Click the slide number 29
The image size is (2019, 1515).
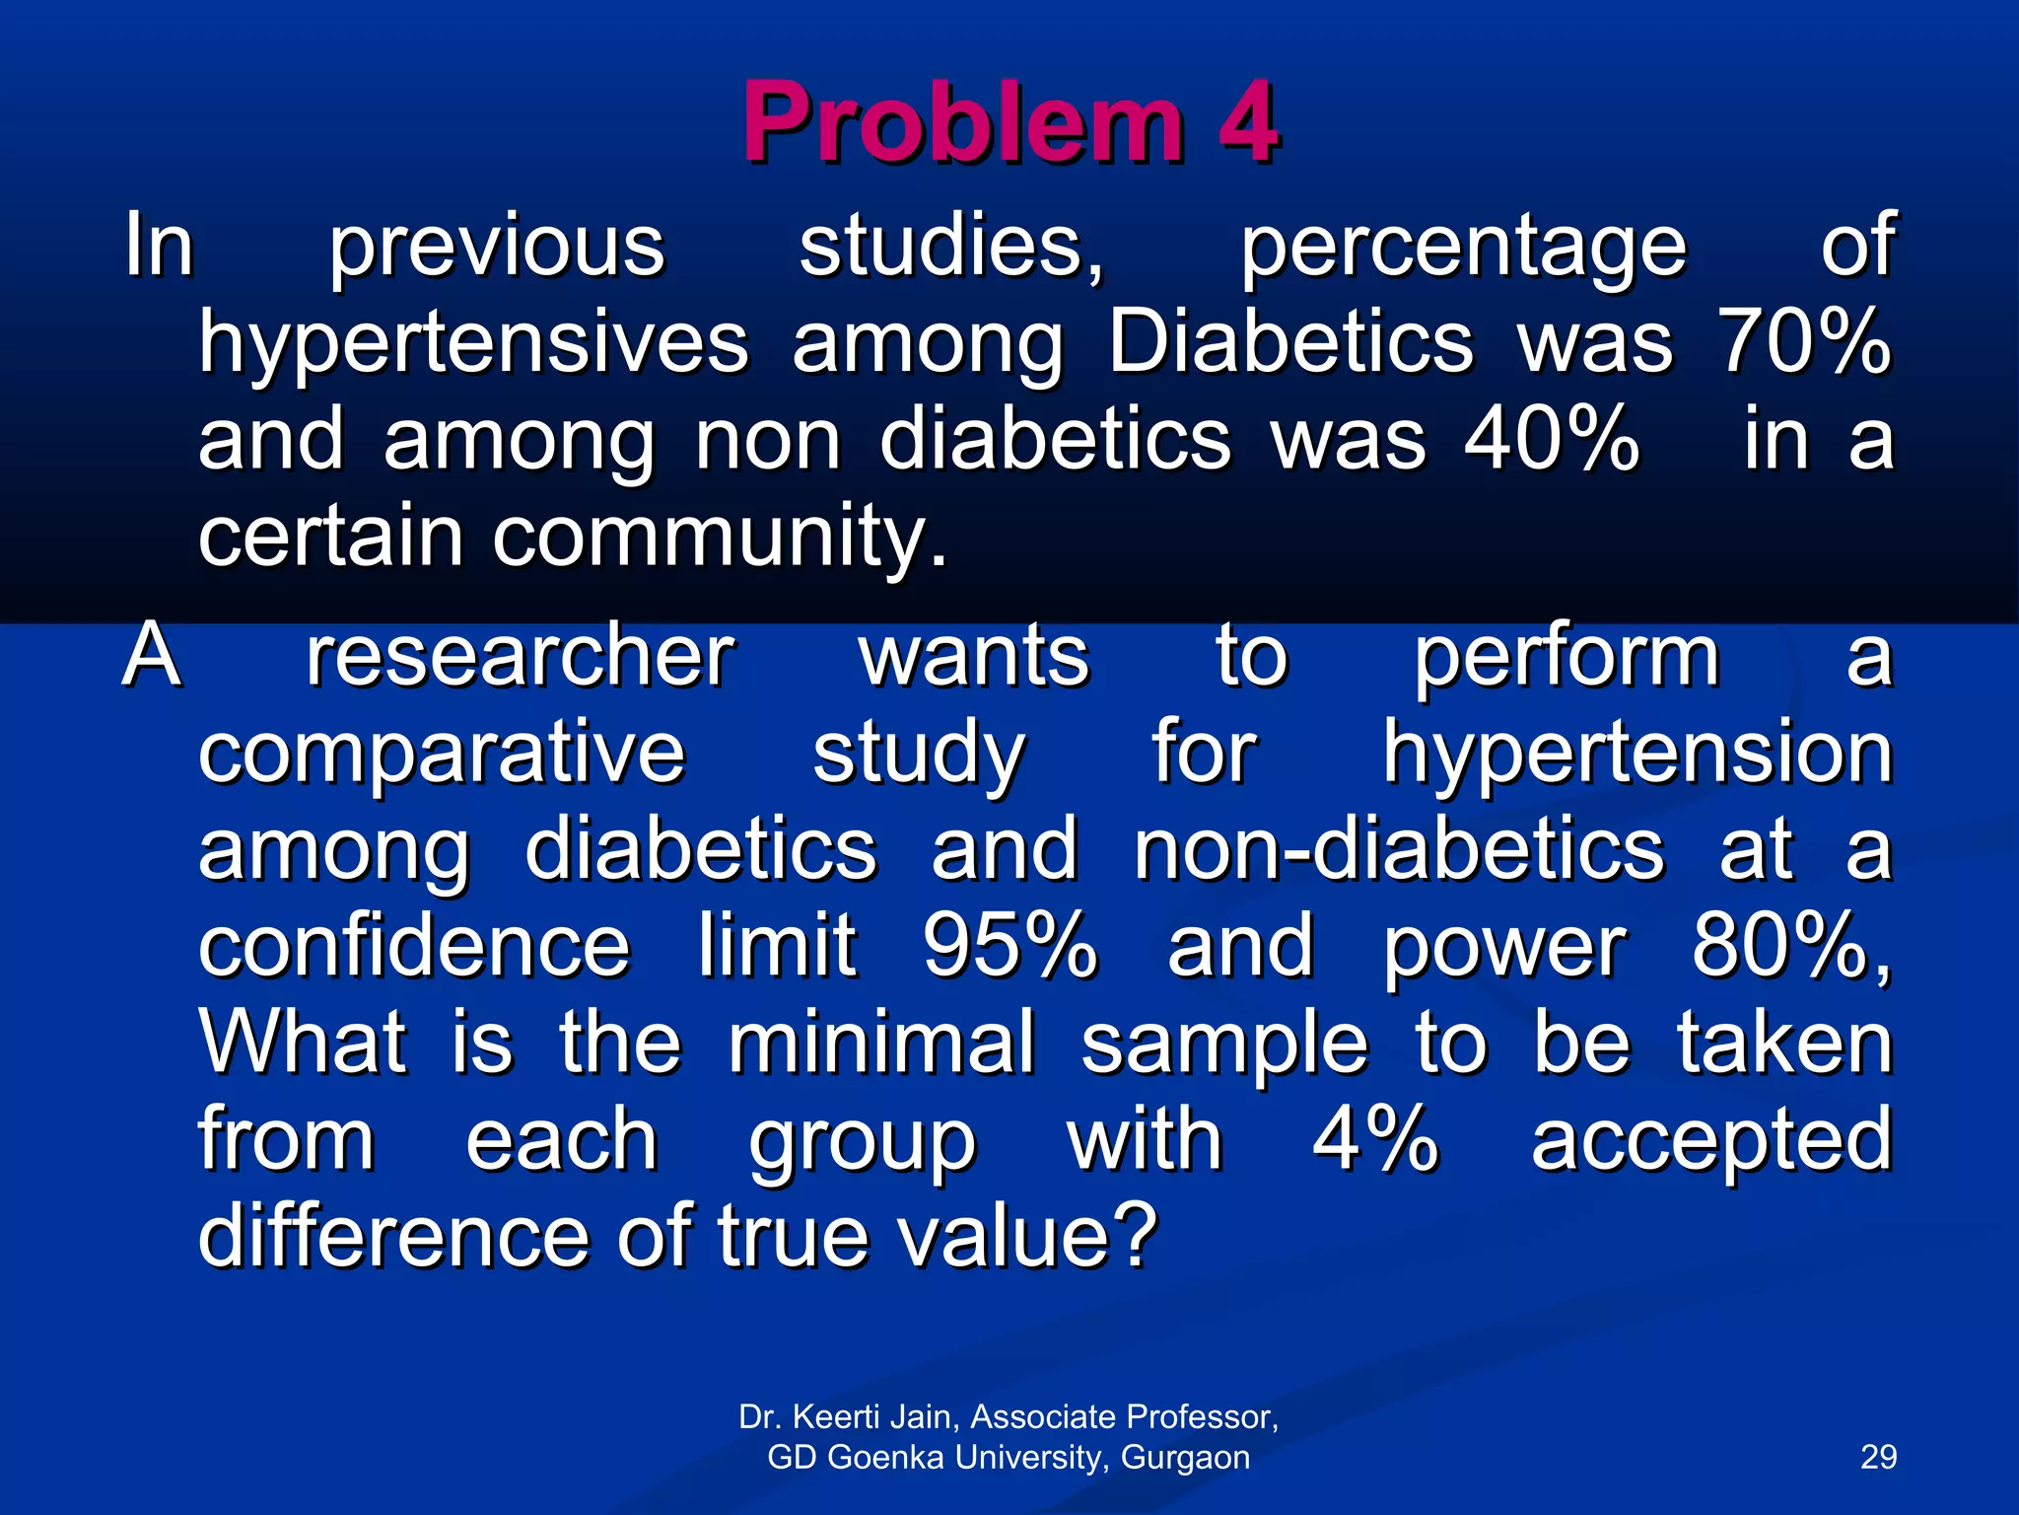(x=1878, y=1457)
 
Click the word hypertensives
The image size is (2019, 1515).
(x=474, y=345)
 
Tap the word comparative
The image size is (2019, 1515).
(x=442, y=755)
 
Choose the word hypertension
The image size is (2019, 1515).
(x=1636, y=753)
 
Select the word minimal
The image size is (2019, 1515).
(x=882, y=1043)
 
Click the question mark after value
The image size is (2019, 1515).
(x=1137, y=1235)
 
